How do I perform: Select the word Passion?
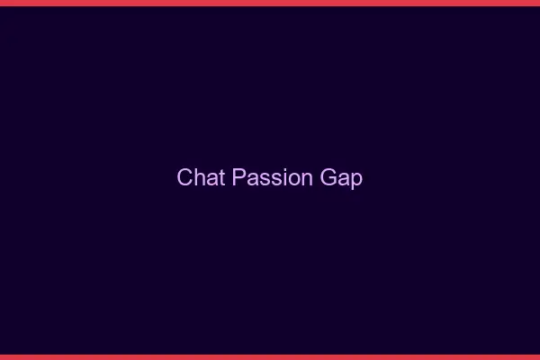272,177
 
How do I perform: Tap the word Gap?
342,178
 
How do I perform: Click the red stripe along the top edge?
270,3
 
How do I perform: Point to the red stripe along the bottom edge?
270,356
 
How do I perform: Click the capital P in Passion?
238,177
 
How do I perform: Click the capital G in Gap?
328,177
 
